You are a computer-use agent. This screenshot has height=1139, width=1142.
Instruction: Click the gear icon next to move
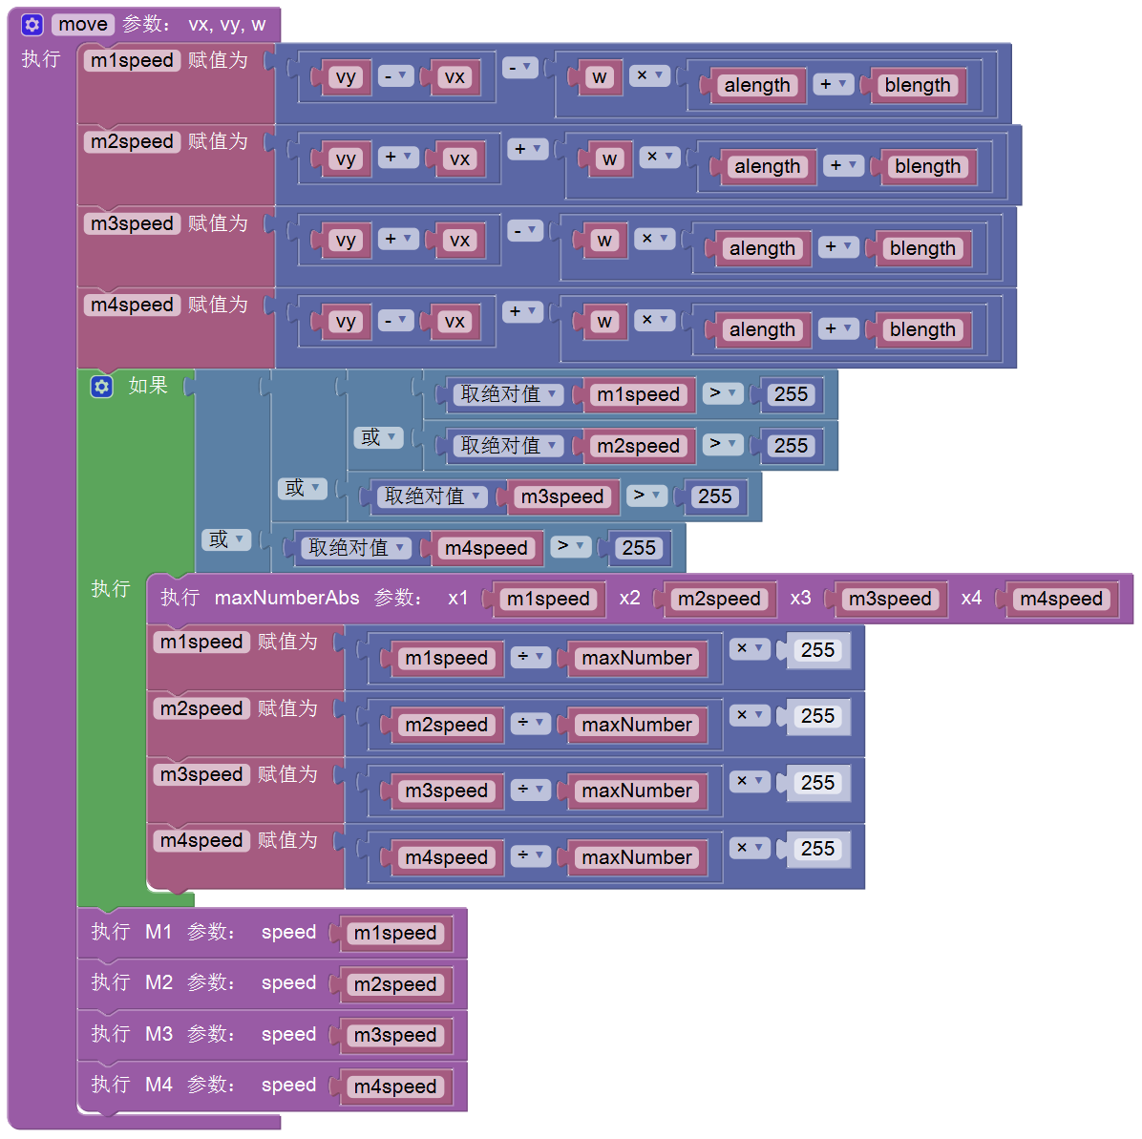click(32, 25)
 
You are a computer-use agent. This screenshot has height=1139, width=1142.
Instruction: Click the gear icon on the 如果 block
click(101, 386)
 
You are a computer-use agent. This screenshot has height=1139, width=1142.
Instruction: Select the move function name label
click(83, 25)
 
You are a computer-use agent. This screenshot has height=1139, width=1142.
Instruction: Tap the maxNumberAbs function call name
click(286, 598)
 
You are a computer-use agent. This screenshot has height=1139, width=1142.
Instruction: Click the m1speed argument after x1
click(548, 599)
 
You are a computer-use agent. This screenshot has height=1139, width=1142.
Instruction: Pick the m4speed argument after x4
click(1061, 599)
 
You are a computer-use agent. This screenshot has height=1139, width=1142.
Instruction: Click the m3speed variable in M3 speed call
click(394, 1035)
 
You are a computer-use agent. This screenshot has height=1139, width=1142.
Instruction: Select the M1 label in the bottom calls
click(159, 932)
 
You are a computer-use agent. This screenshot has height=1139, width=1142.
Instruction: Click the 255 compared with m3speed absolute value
click(714, 496)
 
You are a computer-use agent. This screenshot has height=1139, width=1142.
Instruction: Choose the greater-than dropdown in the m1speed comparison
click(722, 393)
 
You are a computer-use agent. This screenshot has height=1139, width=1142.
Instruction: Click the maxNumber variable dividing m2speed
click(637, 725)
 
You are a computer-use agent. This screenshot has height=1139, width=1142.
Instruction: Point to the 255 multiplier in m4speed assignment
click(817, 849)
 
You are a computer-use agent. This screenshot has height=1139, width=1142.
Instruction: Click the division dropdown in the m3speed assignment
click(530, 790)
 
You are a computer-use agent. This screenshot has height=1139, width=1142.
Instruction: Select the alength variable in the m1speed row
click(757, 85)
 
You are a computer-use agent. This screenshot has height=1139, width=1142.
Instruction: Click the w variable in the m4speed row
click(604, 322)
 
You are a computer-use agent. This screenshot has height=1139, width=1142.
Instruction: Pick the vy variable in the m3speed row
click(346, 240)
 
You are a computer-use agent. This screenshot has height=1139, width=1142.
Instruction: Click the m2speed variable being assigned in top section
click(132, 141)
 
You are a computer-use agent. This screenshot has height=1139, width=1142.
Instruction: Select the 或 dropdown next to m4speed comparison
click(225, 539)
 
